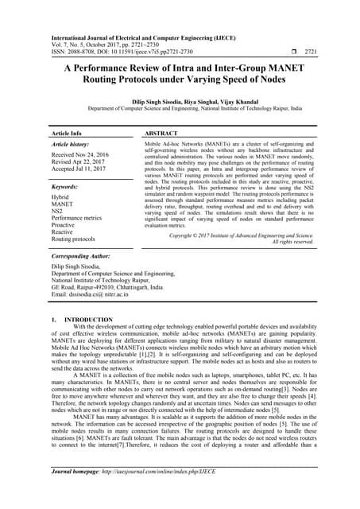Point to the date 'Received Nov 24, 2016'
pos(80,155)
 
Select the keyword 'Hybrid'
pos(60,196)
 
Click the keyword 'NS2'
pos(56,211)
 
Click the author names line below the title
pos(180,103)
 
